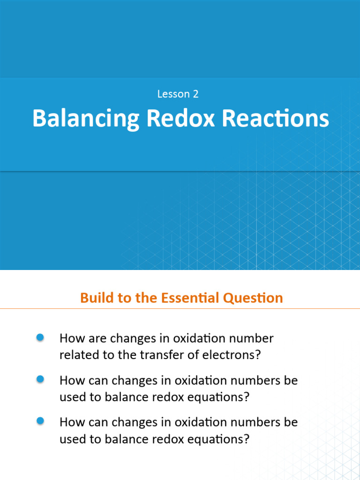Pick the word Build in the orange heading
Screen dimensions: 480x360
[95, 298]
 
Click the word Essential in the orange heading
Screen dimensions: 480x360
[191, 298]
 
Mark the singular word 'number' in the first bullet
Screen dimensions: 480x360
[252, 338]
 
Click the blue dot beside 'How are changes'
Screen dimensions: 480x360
[40, 337]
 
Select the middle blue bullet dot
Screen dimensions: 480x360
[40, 379]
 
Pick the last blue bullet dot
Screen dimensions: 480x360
[40, 421]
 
